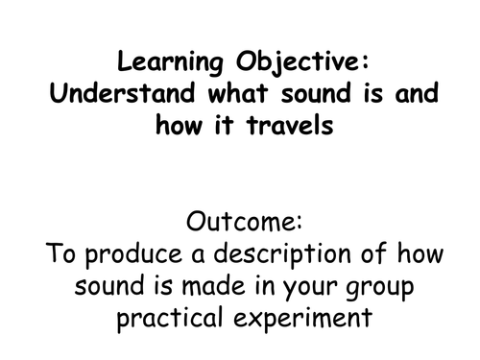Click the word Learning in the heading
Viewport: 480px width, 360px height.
pos(159,64)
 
